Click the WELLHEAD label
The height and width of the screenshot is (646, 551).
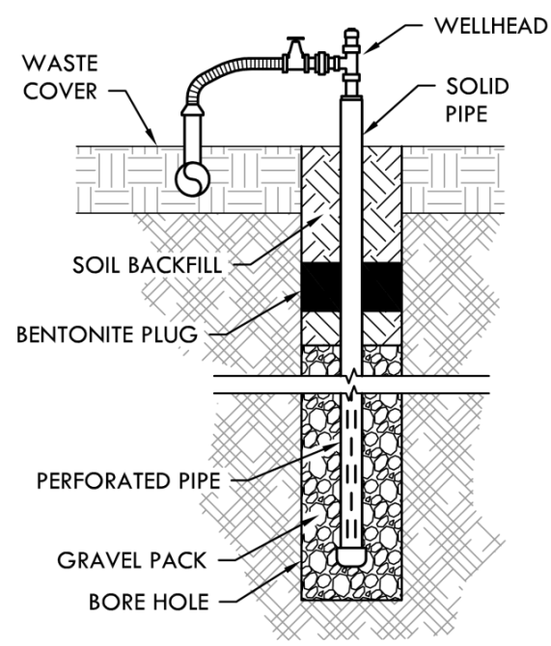pos(491,25)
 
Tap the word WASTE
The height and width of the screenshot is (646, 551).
pos(60,64)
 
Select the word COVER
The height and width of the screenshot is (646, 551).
pos(60,91)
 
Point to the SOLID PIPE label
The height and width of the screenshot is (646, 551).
pos(477,100)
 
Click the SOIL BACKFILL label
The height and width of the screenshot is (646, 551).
pos(148,265)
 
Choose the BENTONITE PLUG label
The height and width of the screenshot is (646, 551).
pos(107,335)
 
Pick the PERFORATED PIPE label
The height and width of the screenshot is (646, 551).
pos(128,480)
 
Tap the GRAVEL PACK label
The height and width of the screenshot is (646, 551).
pos(131,560)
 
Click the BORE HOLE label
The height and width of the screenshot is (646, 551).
pos(149,602)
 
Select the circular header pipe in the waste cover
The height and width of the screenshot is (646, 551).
pos(193,179)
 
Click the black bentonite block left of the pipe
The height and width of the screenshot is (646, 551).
pos(321,286)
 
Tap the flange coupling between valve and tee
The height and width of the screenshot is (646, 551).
pos(321,64)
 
